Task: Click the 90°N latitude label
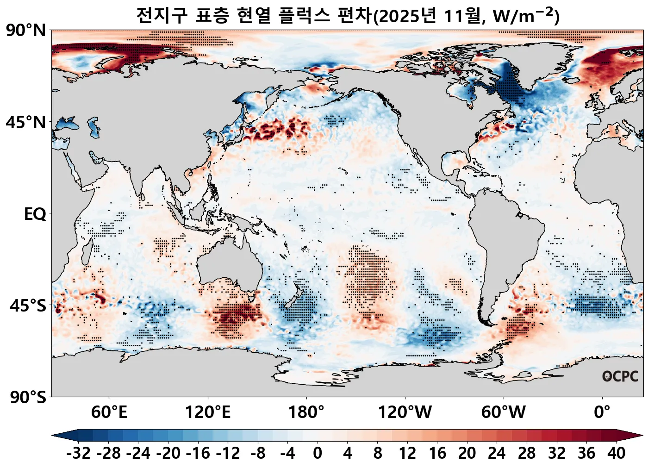coord(26,31)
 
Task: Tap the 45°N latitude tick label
coord(26,123)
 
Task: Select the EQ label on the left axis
coord(35,214)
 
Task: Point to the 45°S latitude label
coord(28,306)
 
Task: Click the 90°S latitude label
coord(28,397)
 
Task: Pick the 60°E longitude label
coord(109,412)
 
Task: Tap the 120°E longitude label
coord(207,412)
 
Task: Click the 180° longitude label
coord(306,412)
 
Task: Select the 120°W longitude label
coord(405,412)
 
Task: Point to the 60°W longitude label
coord(503,412)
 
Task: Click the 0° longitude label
coord(602,412)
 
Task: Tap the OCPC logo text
coord(620,376)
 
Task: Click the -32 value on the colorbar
coord(78,453)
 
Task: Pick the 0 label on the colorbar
coord(317,453)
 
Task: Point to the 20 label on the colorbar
coord(467,453)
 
